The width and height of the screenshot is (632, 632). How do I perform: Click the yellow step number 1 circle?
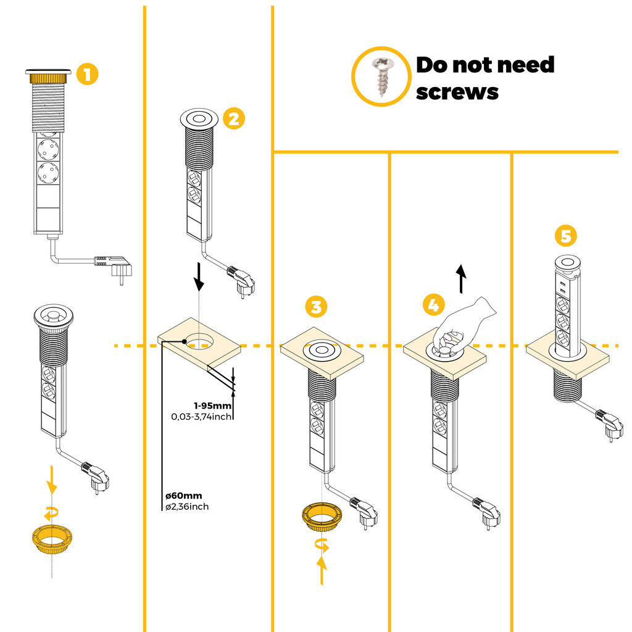coord(87,75)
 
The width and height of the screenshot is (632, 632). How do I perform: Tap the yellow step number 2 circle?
coord(233,118)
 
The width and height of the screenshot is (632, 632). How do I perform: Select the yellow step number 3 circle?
coord(315,306)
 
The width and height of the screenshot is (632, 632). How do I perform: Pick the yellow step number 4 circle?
coord(434,305)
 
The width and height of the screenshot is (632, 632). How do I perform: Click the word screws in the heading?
coord(457,92)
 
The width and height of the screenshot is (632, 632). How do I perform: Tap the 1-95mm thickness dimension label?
coord(212,405)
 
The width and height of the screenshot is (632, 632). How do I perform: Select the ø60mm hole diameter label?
coord(183,496)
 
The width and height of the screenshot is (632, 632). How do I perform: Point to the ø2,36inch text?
coord(186,507)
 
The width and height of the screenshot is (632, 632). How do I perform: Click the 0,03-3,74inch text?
coord(202,417)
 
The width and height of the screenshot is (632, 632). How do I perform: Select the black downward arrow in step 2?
coord(198,276)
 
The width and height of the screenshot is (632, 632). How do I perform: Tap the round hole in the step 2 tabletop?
coord(199,339)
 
